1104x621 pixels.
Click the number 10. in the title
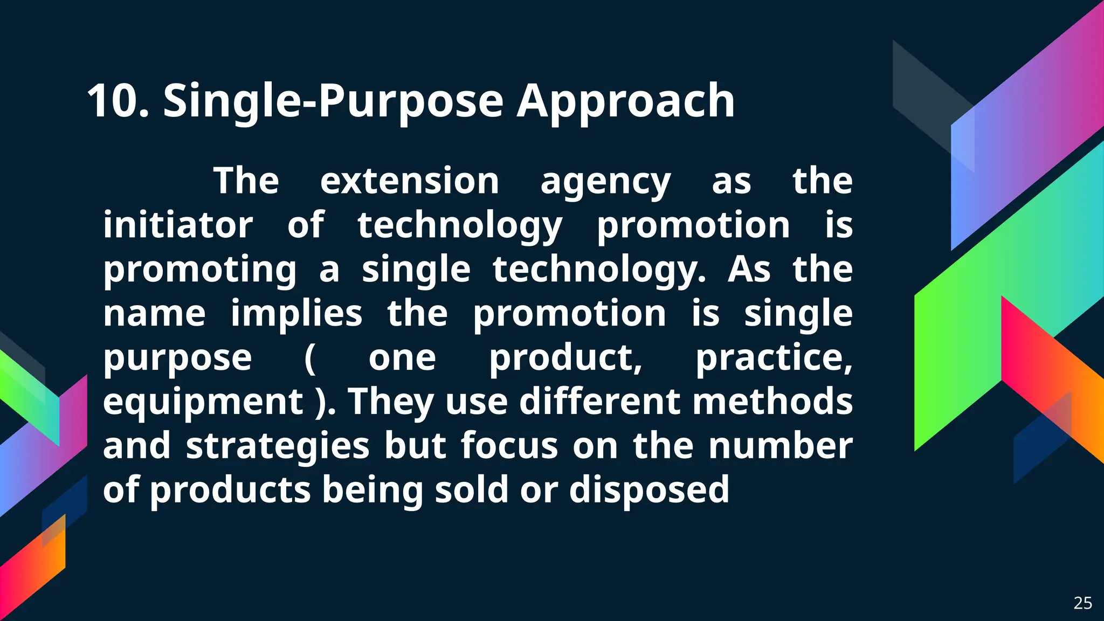tap(118, 101)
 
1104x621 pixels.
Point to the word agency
tap(605, 182)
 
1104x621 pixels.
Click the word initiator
tap(178, 225)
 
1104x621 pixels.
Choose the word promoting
tap(200, 270)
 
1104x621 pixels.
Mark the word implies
tap(296, 314)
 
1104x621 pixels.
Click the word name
tap(154, 314)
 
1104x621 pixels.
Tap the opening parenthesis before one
tap(310, 358)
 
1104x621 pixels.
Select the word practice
tap(773, 358)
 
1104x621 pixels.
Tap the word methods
tap(772, 402)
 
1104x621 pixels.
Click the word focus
tap(509, 446)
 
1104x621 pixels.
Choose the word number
tap(780, 446)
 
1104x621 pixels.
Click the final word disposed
tap(649, 490)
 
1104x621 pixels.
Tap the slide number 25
tap(1082, 603)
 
